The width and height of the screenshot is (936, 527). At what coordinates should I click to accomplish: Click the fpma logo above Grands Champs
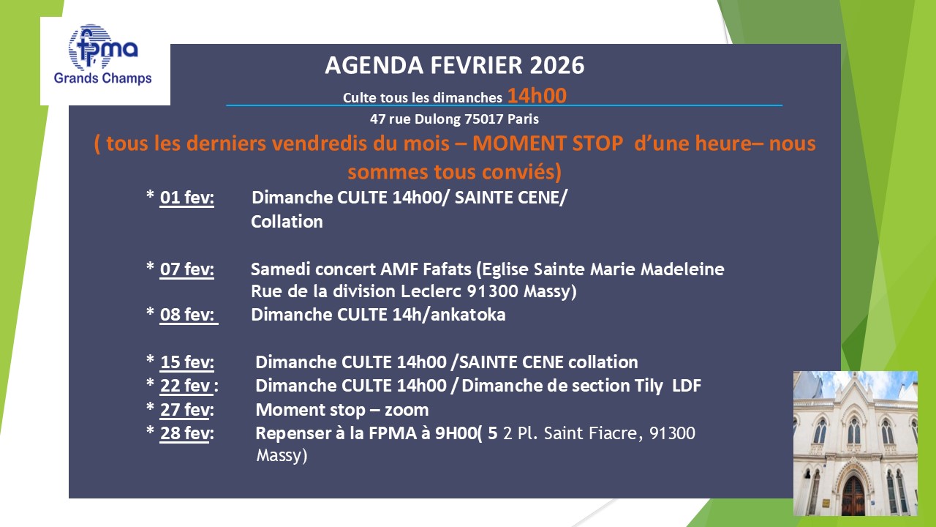coord(103,47)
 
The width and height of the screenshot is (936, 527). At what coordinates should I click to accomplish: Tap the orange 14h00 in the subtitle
coord(537,96)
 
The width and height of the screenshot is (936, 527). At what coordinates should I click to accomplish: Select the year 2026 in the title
coord(557,65)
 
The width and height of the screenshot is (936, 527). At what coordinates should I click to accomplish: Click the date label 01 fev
coord(186,198)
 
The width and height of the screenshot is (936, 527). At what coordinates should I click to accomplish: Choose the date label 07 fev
coord(186,269)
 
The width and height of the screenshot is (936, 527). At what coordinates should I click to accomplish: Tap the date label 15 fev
coord(186,362)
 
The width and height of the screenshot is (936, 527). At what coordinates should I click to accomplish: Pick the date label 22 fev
coord(189,386)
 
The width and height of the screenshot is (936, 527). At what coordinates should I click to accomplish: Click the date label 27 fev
coord(186,410)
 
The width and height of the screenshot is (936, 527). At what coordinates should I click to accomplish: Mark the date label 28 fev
coord(186,433)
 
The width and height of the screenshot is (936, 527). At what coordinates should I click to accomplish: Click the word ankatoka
coord(468,315)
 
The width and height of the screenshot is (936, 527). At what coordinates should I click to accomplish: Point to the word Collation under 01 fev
coord(287,222)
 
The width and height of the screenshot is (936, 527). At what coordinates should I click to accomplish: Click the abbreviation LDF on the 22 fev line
coord(687,386)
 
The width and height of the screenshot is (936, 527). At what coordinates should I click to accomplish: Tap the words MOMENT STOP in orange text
coord(548,143)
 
